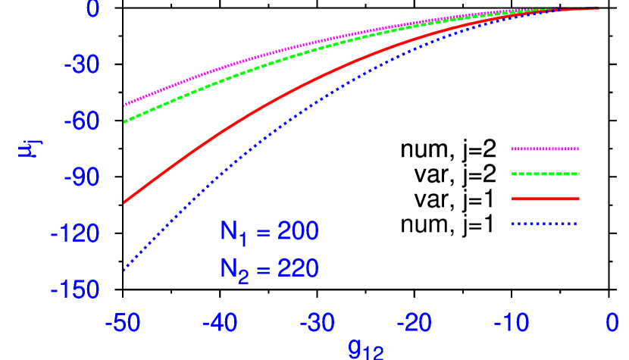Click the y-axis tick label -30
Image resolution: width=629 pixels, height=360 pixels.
pos(81,66)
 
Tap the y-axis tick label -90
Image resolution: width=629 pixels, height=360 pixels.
pos(81,177)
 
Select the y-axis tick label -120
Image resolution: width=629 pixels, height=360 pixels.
pos(75,233)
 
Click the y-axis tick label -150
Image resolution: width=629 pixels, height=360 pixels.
pos(75,290)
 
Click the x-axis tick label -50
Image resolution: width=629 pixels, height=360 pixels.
pos(123,324)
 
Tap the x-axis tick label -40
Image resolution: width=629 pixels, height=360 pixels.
pos(220,324)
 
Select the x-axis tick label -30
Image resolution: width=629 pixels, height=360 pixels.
pos(318,324)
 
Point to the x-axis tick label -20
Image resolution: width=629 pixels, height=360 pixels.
pos(415,324)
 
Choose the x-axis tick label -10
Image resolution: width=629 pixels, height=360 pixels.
pos(512,324)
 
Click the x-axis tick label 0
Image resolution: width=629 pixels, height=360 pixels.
pos(612,324)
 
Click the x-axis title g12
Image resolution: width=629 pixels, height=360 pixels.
pos(366,349)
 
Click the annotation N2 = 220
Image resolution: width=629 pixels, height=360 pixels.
pos(269,269)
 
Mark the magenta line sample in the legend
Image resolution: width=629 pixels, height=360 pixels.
pos(545,149)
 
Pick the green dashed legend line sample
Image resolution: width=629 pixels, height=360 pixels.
pos(545,174)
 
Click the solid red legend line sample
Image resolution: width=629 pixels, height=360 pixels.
pos(545,199)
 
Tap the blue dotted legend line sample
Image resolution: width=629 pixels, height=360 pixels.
pos(545,224)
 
